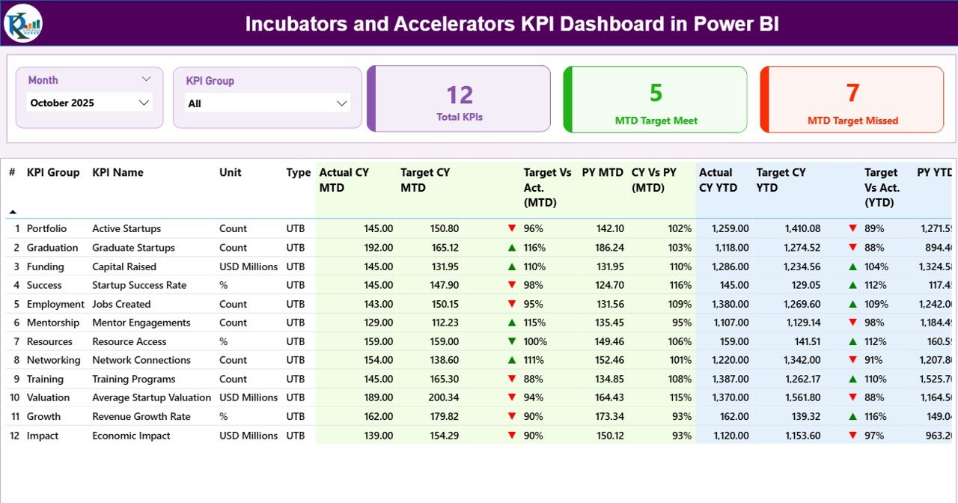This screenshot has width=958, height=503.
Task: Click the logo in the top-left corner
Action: (22, 23)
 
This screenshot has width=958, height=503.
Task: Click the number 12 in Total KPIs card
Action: (460, 95)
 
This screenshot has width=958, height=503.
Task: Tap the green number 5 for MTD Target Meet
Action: (656, 93)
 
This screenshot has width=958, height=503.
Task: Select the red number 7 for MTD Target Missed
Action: (852, 93)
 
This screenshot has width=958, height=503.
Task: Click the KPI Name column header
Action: (118, 173)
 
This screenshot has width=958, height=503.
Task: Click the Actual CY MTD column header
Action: (344, 180)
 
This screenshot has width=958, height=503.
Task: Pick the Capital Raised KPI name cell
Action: (124, 266)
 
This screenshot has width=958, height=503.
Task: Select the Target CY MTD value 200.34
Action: (442, 397)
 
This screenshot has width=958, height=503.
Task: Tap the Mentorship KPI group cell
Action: (52, 323)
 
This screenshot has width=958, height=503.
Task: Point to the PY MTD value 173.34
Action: (607, 416)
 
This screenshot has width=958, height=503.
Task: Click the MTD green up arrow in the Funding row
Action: (512, 266)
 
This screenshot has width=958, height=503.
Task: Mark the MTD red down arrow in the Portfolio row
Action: (512, 228)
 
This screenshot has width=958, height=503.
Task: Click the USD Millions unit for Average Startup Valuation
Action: (248, 397)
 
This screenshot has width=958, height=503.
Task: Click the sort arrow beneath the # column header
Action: (13, 212)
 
